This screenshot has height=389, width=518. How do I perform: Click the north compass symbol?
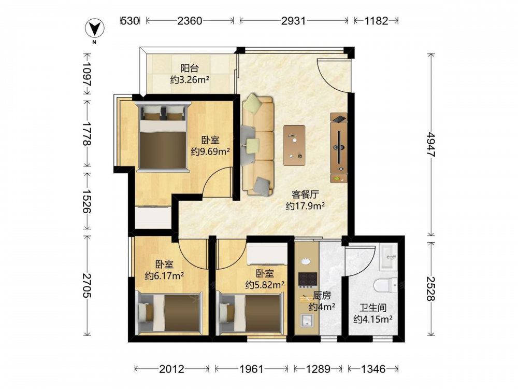click(x=95, y=29)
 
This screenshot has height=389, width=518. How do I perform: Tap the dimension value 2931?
click(x=293, y=21)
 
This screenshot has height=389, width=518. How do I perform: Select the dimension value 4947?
click(x=431, y=145)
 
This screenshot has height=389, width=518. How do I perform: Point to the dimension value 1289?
click(x=318, y=369)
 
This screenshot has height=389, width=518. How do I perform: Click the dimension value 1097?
click(x=87, y=74)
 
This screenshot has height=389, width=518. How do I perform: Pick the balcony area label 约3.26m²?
click(x=190, y=79)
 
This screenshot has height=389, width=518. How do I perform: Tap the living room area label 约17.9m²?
click(x=305, y=206)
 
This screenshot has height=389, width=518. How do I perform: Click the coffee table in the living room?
click(x=294, y=145)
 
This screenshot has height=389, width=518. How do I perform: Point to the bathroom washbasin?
click(x=388, y=257)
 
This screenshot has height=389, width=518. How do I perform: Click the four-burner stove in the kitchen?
click(x=308, y=280)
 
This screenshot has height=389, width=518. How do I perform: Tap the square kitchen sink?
click(x=307, y=320)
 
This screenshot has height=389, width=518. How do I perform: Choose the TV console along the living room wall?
click(x=339, y=147)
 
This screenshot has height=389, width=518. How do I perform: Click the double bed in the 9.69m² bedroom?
click(x=163, y=136)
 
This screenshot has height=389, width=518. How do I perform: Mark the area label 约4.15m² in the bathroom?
click(x=373, y=319)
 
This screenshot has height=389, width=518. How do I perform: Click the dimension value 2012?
click(x=172, y=369)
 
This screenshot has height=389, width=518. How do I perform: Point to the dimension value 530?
click(x=129, y=21)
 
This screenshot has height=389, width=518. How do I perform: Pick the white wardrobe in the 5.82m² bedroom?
click(x=267, y=254)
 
